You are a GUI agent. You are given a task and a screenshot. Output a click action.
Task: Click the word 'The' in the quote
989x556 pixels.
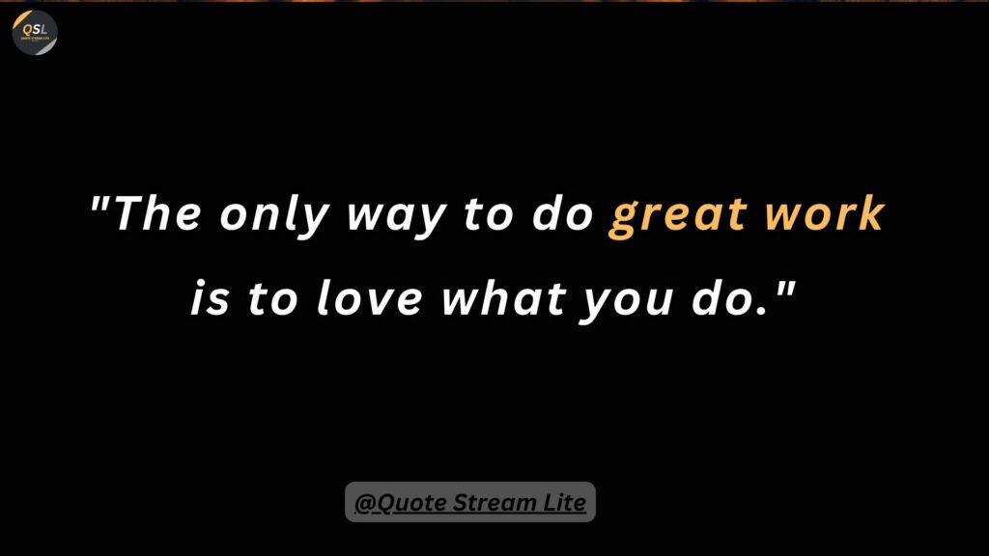pos(157,213)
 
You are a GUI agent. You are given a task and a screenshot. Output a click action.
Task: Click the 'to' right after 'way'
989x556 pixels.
pos(488,215)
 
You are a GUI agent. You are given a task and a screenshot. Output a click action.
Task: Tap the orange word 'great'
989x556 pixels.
pos(678,218)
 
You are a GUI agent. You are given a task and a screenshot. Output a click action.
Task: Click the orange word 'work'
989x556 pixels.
pos(825,213)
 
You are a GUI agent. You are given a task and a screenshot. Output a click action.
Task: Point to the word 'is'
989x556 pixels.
pos(210,298)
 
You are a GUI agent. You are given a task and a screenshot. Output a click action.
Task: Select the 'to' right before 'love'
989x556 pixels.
pos(272,299)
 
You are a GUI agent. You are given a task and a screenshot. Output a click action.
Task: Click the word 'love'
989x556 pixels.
pos(369,297)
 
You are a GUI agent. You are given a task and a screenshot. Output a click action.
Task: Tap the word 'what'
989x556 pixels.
pos(503,297)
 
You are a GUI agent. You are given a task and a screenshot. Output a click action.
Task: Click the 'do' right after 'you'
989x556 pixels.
pos(723,297)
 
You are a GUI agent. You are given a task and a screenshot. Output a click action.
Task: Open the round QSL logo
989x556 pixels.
pos(35,33)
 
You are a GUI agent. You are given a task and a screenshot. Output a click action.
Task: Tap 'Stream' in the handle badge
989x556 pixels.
pos(494,502)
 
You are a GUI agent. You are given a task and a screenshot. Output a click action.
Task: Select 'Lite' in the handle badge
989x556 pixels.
pos(563,502)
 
